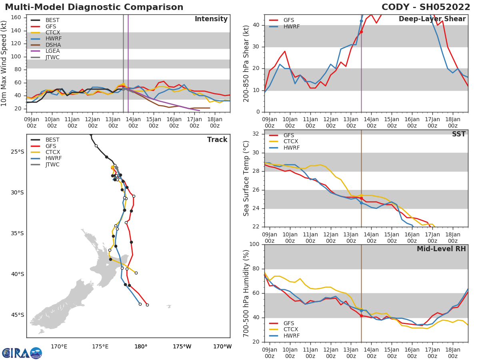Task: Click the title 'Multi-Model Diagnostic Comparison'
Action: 94,7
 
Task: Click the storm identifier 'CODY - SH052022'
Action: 426,7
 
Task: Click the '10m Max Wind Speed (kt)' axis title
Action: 4,63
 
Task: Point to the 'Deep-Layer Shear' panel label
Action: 432,19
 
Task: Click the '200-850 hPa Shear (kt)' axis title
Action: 247,63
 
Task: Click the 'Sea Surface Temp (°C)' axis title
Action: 247,178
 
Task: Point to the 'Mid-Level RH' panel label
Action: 441,249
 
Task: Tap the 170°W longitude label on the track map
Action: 222,346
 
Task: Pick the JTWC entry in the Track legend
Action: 52,164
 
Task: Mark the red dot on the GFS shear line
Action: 361,32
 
